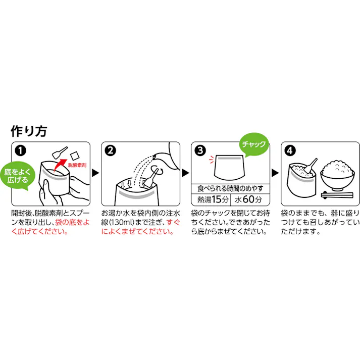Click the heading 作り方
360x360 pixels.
click(x=29, y=131)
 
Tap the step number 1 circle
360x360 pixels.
click(x=20, y=150)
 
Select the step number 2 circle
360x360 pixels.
click(x=110, y=150)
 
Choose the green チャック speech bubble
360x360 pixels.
click(x=254, y=143)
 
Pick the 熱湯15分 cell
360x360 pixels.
click(x=212, y=198)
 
